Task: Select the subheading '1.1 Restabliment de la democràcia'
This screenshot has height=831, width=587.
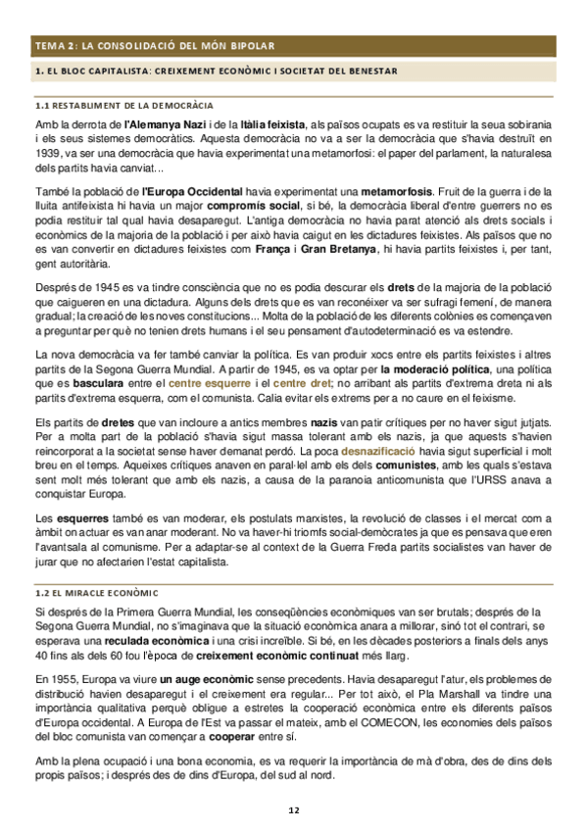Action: [x=124, y=104]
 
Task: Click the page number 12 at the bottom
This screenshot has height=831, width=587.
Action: [x=293, y=810]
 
